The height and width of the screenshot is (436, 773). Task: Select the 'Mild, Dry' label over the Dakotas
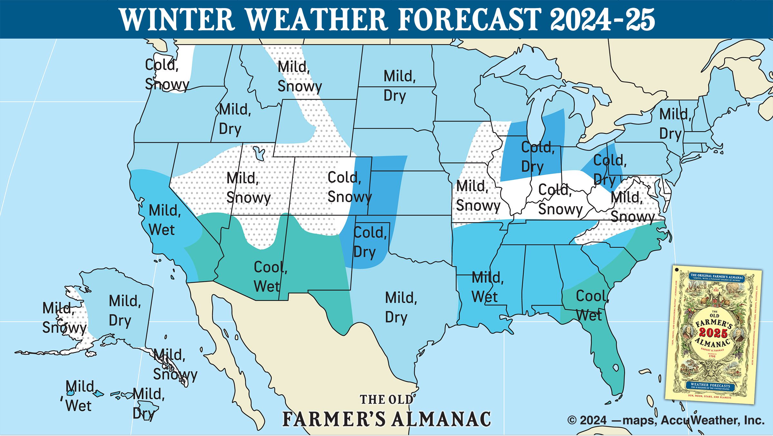pyautogui.click(x=399, y=86)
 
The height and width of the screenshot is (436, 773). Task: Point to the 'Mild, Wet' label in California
pyautogui.click(x=164, y=220)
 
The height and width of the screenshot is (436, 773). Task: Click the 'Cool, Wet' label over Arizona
pyautogui.click(x=270, y=277)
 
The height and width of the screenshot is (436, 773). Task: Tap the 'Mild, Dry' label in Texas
pyautogui.click(x=401, y=307)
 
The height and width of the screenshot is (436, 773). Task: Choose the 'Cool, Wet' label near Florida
pyautogui.click(x=592, y=305)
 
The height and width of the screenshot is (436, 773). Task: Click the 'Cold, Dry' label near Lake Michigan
pyautogui.click(x=537, y=157)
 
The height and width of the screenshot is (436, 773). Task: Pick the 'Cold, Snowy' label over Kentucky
pyautogui.click(x=560, y=199)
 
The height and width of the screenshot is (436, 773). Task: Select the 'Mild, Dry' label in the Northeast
pyautogui.click(x=674, y=124)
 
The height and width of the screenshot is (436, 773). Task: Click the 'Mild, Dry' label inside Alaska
pyautogui.click(x=124, y=311)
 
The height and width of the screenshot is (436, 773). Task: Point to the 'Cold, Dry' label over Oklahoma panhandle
pyautogui.click(x=369, y=242)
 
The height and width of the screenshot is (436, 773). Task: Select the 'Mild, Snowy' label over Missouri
pyautogui.click(x=478, y=196)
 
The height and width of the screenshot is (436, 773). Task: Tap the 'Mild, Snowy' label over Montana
pyautogui.click(x=299, y=77)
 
